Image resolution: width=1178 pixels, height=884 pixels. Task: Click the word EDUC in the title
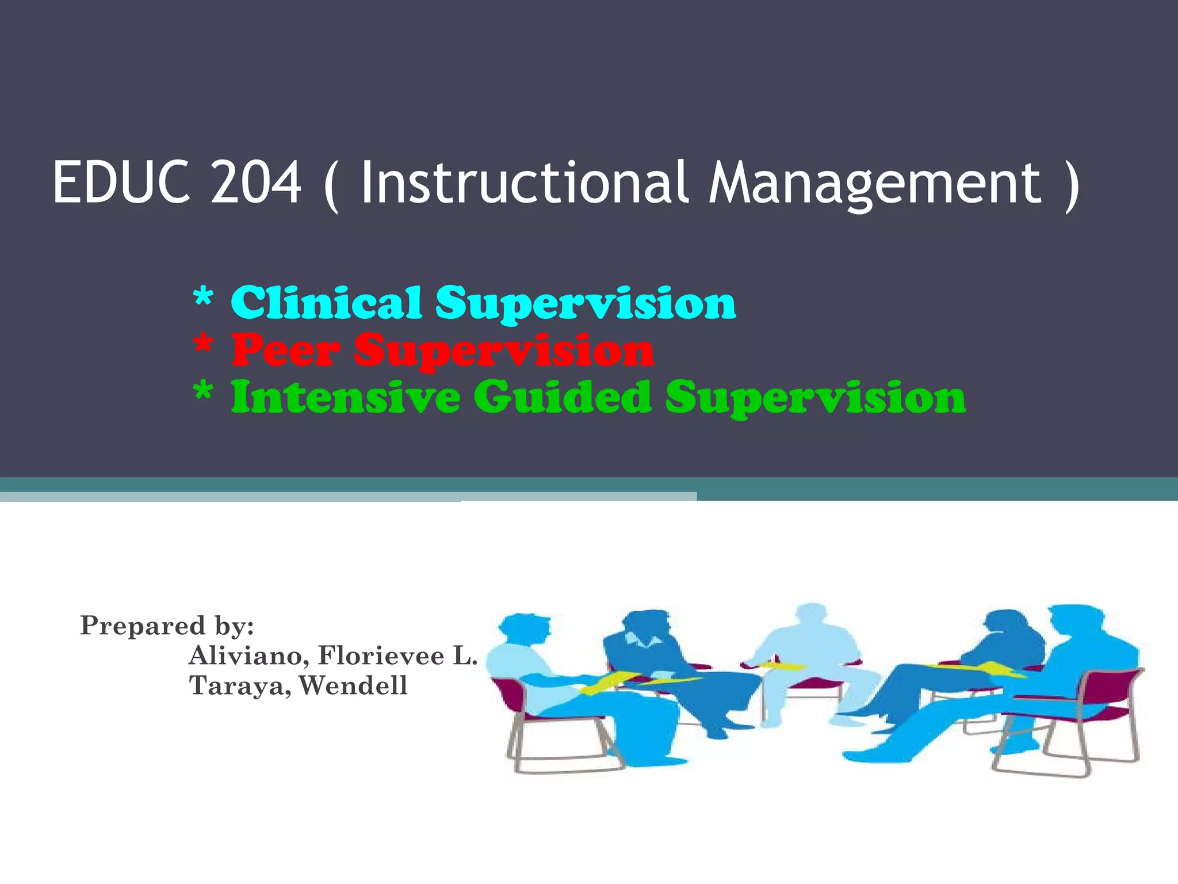click(x=121, y=182)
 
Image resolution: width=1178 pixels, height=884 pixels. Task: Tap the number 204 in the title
click(x=256, y=182)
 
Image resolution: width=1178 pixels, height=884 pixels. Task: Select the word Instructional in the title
click(x=523, y=182)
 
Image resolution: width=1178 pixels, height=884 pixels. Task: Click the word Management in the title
click(x=874, y=182)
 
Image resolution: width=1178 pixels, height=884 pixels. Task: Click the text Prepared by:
click(x=167, y=626)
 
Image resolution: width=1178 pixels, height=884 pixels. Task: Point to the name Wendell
click(x=353, y=685)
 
